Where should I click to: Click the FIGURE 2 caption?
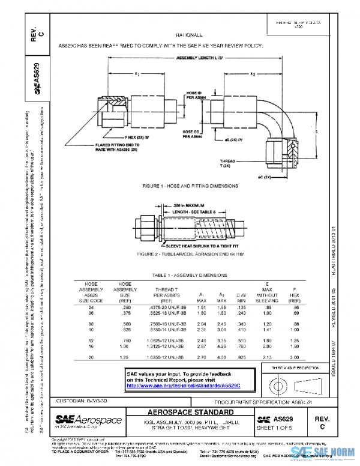[190, 254]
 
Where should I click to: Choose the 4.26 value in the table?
[221, 346]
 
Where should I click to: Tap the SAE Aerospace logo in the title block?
[89, 421]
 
